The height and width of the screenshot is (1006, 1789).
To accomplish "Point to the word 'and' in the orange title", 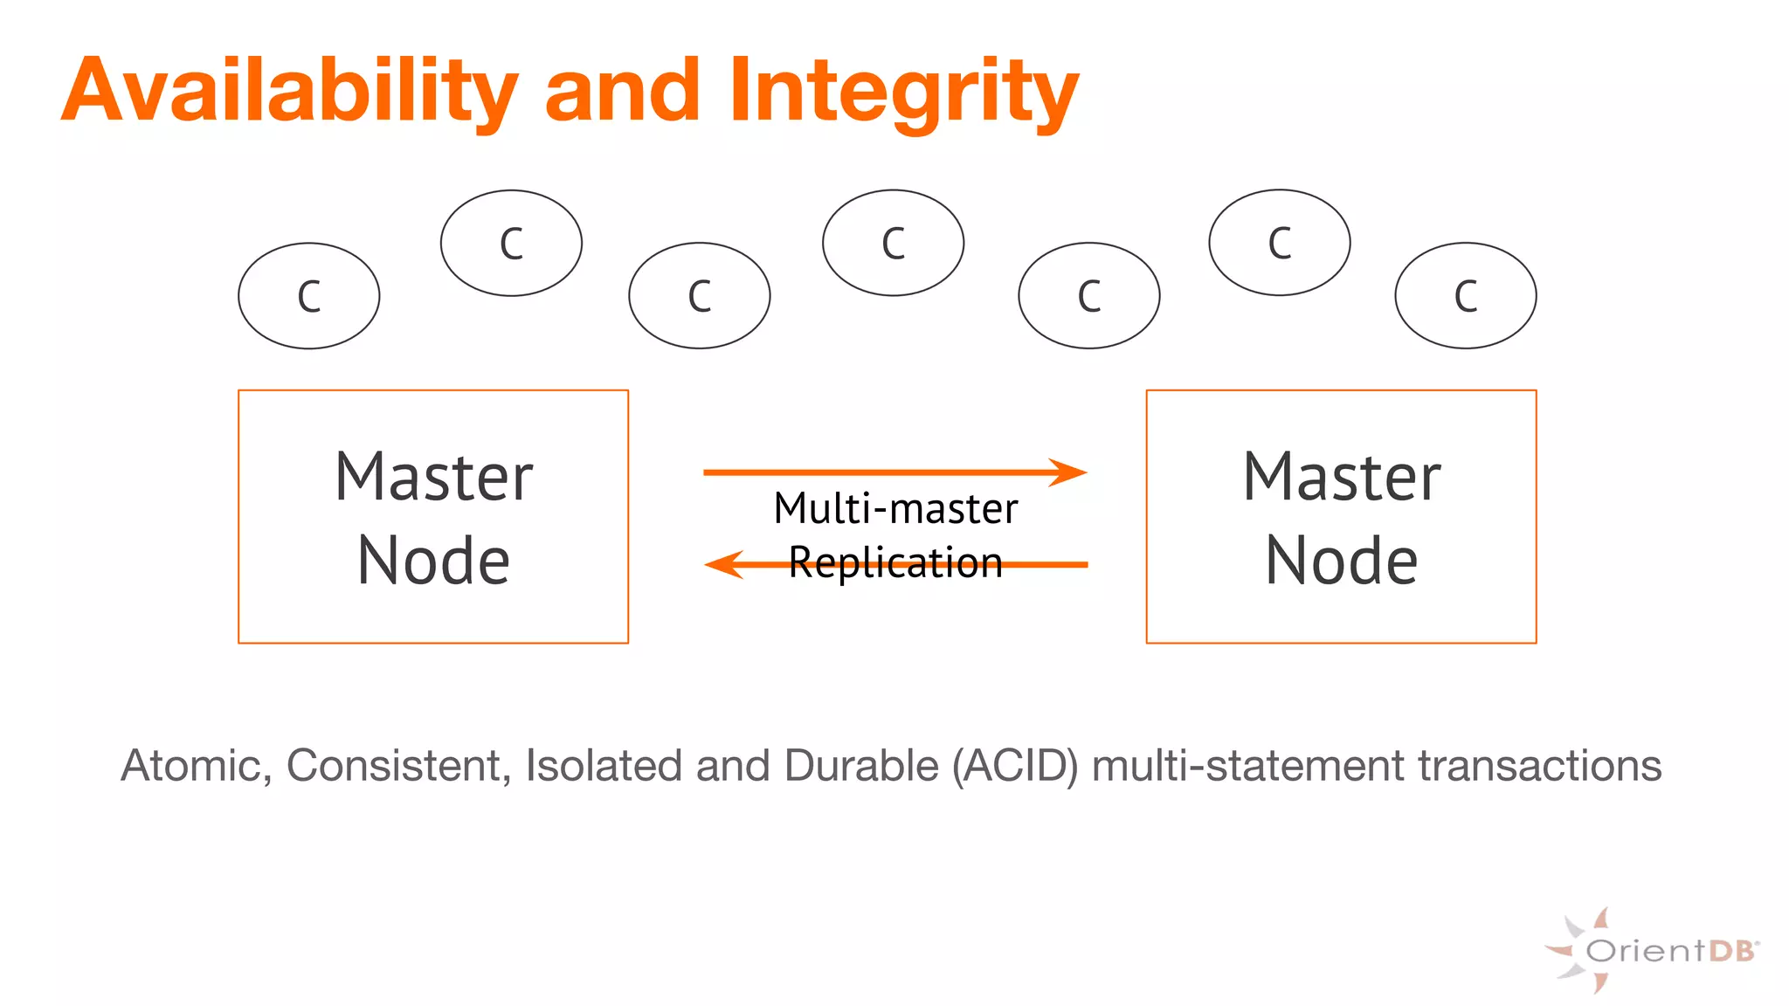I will [x=622, y=91].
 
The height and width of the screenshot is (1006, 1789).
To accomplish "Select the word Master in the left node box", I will [x=433, y=478].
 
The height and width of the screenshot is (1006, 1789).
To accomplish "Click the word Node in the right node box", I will [x=1341, y=562].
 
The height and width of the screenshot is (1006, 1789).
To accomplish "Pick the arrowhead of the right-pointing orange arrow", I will [x=1069, y=472].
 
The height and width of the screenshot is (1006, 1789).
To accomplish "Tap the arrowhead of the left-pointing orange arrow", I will [x=722, y=564].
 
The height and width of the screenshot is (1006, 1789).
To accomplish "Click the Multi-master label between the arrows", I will [x=895, y=509].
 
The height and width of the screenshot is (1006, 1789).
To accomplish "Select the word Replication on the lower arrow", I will [x=895, y=562].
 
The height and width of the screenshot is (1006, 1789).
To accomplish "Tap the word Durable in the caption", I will [x=861, y=766].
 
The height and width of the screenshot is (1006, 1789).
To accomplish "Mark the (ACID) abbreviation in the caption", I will [x=1015, y=766].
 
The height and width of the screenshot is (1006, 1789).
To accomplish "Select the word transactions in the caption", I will [x=1539, y=766].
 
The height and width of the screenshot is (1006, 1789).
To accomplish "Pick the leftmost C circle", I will [x=309, y=296].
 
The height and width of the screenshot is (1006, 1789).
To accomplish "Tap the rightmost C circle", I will [x=1466, y=296].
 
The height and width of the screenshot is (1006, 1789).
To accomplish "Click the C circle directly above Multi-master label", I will [x=893, y=243].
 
